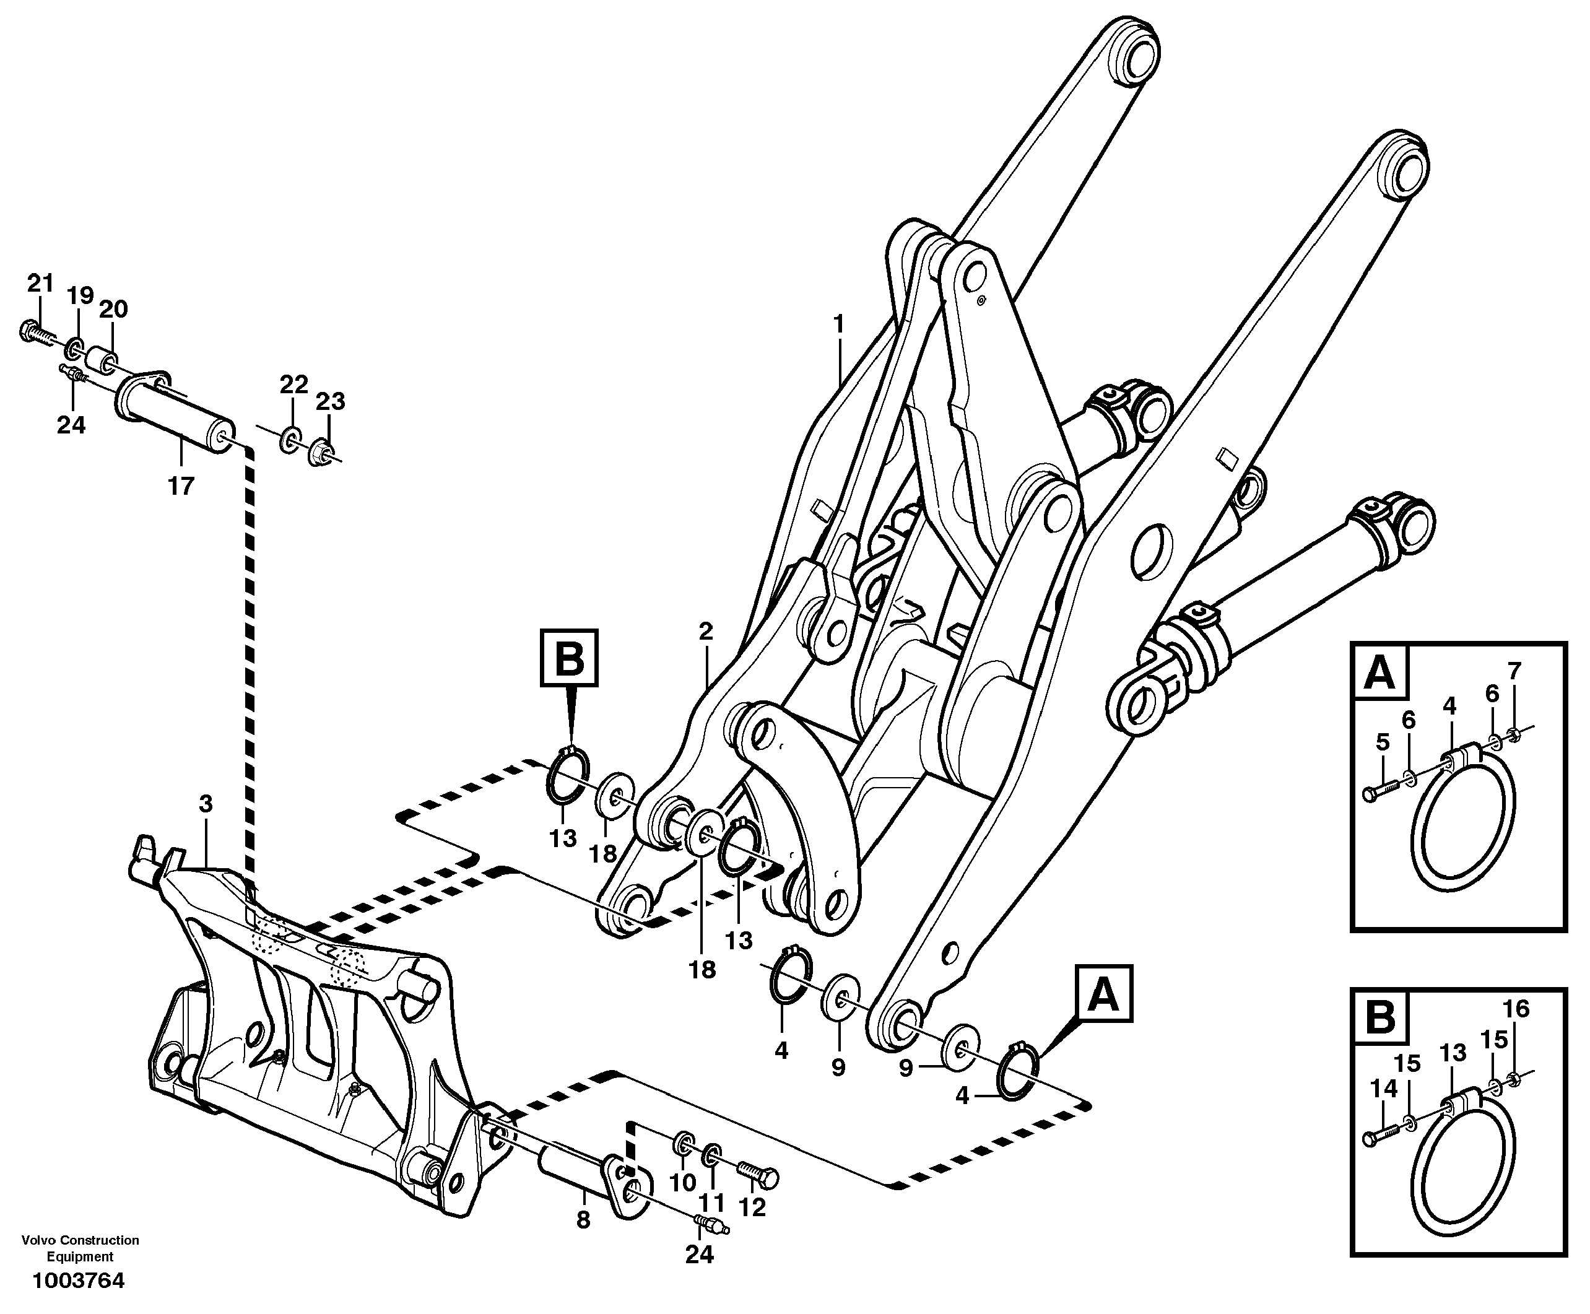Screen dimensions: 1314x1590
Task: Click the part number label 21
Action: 40,283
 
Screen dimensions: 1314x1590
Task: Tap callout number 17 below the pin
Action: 181,485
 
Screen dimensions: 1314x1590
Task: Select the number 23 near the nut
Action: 330,401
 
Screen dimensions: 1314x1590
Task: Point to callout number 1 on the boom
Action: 838,324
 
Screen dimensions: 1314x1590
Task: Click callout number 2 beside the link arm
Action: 705,631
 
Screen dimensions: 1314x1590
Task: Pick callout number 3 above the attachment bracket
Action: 206,803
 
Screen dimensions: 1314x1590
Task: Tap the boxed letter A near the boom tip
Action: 1103,994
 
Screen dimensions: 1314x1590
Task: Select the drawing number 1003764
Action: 78,1281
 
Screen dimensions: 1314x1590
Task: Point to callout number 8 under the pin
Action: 583,1220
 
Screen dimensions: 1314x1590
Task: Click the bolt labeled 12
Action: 758,1178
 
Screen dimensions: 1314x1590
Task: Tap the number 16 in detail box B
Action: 1516,1008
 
